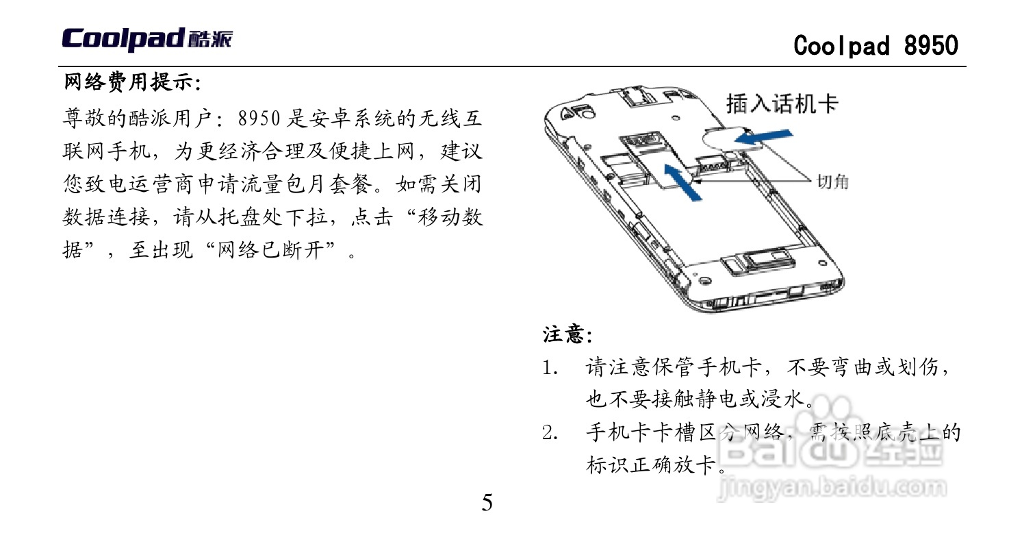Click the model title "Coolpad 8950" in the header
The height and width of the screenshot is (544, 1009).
(876, 46)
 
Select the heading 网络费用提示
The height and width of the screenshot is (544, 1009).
(130, 84)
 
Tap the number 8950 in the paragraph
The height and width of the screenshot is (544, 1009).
(259, 119)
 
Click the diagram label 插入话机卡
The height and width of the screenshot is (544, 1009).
(782, 105)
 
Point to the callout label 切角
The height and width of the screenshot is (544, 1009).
(833, 182)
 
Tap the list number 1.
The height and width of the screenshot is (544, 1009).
(548, 368)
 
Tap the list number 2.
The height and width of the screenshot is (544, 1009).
(548, 434)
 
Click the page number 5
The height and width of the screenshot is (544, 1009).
(487, 503)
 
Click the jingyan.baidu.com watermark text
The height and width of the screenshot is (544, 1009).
(832, 488)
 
